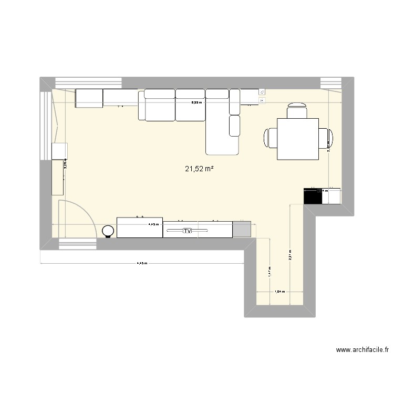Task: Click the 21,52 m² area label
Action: [199, 169]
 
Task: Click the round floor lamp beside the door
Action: [108, 231]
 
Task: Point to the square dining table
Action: [298, 139]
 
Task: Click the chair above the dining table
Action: [297, 111]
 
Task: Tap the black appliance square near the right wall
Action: [313, 196]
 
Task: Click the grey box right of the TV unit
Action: [242, 229]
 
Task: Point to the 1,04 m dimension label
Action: [279, 292]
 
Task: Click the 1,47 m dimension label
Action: [269, 272]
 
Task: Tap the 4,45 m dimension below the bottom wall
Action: [142, 264]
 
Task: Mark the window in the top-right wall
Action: [331, 83]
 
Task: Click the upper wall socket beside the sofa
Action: [262, 91]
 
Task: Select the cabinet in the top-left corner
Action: [89, 98]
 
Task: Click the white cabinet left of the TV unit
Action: [139, 227]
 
